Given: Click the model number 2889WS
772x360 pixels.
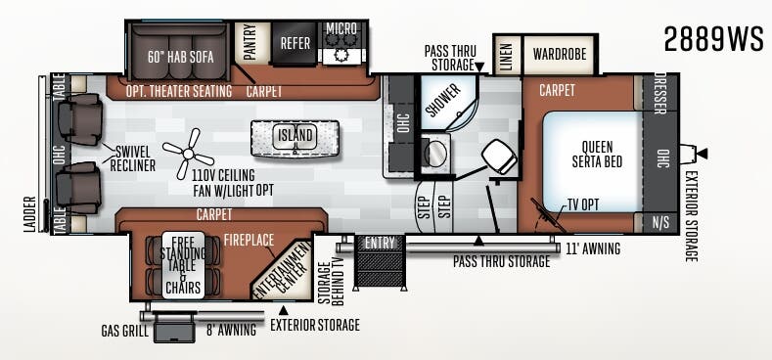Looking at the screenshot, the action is coord(713,39).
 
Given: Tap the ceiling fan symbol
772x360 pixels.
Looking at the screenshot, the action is coord(188,154).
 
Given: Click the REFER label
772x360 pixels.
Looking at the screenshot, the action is coord(295,43).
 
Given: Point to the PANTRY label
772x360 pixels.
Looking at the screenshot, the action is coord(250,42).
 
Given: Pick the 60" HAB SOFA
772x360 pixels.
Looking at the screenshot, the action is coord(180,57).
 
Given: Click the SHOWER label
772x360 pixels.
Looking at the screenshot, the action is coord(443,101).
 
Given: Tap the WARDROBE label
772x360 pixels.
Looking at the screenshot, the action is coord(560,53).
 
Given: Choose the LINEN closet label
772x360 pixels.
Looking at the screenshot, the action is coord(507,56).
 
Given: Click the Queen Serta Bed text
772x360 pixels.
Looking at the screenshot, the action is coord(597,155).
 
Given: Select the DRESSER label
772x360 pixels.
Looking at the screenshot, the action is coord(660,94).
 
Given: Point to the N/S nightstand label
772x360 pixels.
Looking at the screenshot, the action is coord(660,223).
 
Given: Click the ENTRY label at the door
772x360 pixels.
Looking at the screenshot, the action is coord(380,243).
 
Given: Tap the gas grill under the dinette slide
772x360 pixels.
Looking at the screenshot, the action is coord(174,327).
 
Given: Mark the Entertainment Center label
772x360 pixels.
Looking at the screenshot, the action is coord(283,271).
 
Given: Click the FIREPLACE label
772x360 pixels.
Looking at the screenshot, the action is coord(250,241).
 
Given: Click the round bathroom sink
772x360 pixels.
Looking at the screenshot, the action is coord(435,154).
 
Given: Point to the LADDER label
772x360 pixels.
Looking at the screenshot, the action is coord(29,214).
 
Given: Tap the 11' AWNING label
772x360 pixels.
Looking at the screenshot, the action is coord(593,249).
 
